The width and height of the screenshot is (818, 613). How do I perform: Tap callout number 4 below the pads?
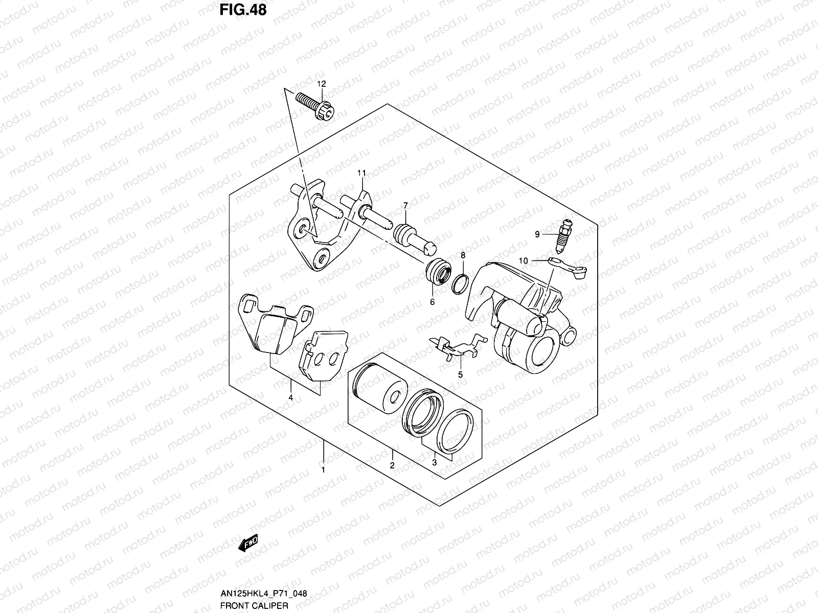(290, 397)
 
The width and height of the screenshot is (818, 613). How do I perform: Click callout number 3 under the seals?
(435, 463)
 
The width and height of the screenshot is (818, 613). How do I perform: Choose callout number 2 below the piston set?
(392, 465)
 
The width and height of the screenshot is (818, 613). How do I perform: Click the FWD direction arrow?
(248, 544)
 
